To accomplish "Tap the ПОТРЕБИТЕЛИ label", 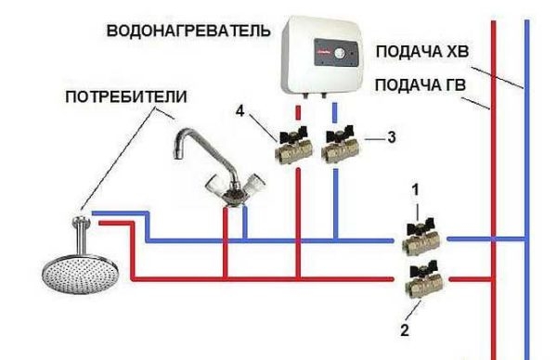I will tap(126, 96).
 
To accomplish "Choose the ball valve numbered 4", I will tap(293, 148).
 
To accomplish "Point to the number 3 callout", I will tap(390, 136).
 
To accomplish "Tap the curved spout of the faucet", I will tap(190, 144).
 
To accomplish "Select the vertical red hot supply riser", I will tap(491, 186).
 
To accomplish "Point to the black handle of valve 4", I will tap(293, 132).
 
